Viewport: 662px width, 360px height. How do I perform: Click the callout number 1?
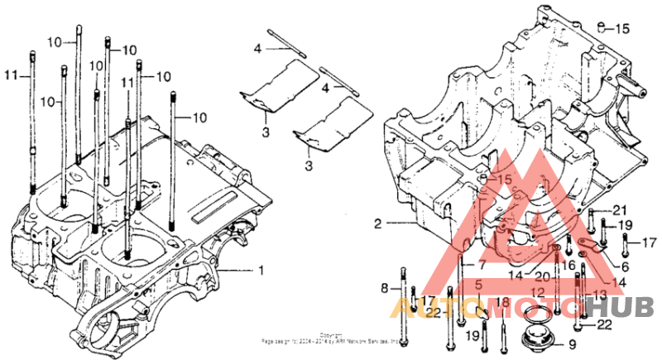coord(261,270)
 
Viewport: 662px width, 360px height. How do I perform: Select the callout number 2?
coord(377,223)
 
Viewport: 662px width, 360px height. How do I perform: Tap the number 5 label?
coord(479,286)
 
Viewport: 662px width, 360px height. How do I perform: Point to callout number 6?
coord(625,266)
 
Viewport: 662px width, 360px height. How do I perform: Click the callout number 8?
coord(384,287)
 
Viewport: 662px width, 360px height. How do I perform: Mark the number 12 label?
coord(538,291)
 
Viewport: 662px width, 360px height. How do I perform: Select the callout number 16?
coord(568,265)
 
